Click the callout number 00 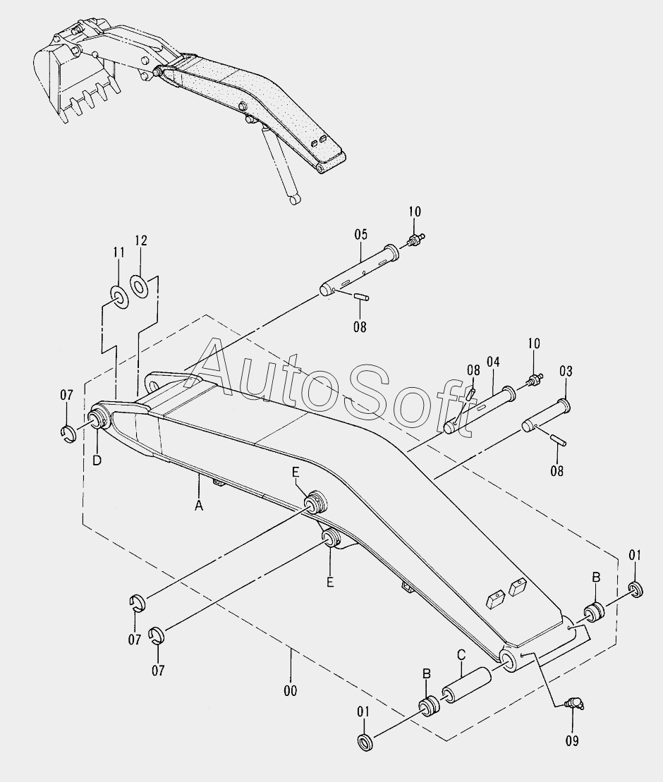coord(290,690)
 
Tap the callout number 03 coord(566,371)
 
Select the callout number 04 coord(492,362)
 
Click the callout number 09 coord(571,740)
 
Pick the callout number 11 coord(118,252)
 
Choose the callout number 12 coord(141,241)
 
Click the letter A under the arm coord(199,504)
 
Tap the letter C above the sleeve coord(461,655)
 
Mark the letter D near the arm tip coord(97,460)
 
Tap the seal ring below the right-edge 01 coord(636,588)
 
